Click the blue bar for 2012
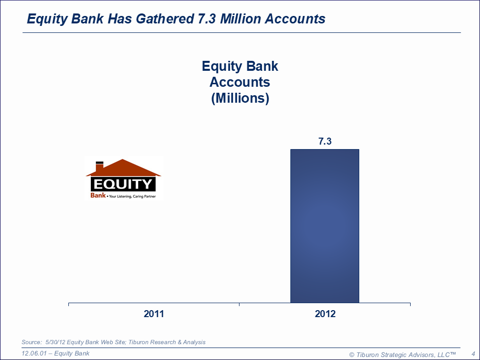pyautogui.click(x=325, y=226)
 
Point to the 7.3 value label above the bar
pyautogui.click(x=325, y=141)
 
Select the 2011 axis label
pyautogui.click(x=154, y=314)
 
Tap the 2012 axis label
pyautogui.click(x=325, y=314)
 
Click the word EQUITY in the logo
pyautogui.click(x=123, y=184)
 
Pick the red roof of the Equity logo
pyautogui.click(x=123, y=168)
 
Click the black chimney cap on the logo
pyautogui.click(x=99, y=163)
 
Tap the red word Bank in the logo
pyautogui.click(x=98, y=195)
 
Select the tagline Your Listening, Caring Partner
pyautogui.click(x=132, y=196)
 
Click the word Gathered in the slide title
pyautogui.click(x=165, y=18)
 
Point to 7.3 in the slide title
pyautogui.click(x=207, y=18)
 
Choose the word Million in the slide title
pyautogui.click(x=240, y=18)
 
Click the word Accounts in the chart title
pyautogui.click(x=240, y=82)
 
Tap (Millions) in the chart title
pyautogui.click(x=240, y=98)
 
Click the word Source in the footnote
pyautogui.click(x=31, y=342)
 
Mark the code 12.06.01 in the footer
pyautogui.click(x=34, y=354)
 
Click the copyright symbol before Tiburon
pyautogui.click(x=352, y=355)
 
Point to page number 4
pyautogui.click(x=474, y=354)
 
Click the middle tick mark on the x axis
pyautogui.click(x=239, y=304)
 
